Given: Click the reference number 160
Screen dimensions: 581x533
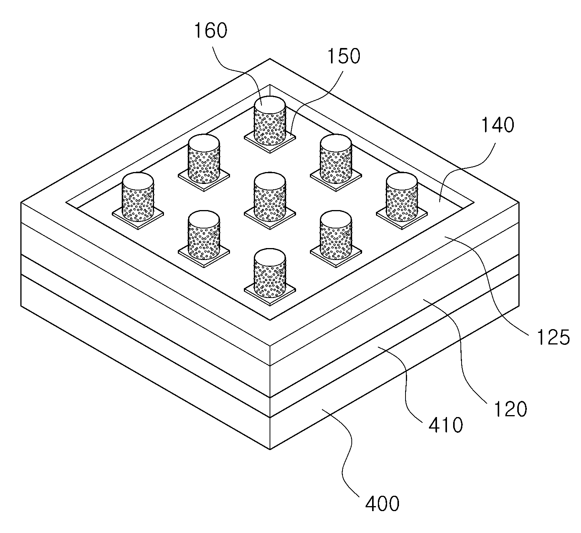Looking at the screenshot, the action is point(210,31).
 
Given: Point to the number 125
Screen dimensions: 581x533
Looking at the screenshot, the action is point(553,337).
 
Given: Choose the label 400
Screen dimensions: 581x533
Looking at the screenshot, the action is point(382,504).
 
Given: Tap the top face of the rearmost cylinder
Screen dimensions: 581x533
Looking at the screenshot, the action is point(270,104).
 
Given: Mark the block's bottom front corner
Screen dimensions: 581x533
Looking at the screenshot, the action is point(270,449).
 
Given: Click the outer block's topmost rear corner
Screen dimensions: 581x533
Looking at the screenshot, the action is point(270,59).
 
